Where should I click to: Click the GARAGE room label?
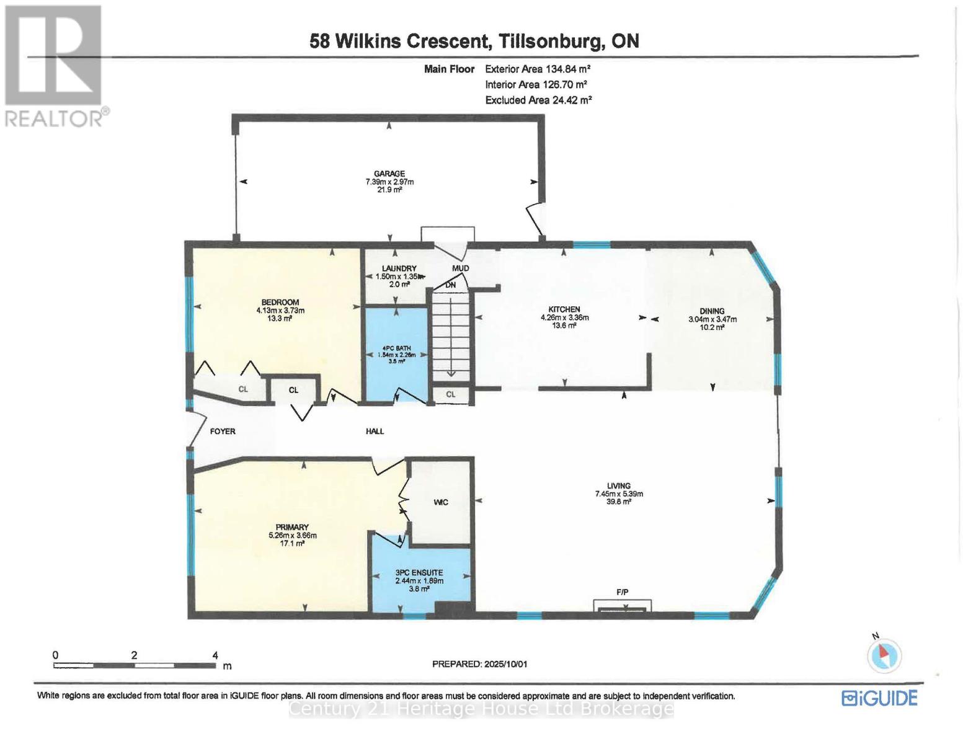389,174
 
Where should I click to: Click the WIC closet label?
440,502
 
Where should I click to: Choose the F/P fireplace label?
623,592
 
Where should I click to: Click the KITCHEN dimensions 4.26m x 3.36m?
564,317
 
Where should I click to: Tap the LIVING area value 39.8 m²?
618,502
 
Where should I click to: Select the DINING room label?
712,311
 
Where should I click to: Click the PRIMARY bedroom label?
292,527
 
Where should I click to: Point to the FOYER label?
223,431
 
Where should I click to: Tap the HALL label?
375,431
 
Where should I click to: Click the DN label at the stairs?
451,285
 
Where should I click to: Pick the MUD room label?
460,268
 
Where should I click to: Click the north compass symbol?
884,655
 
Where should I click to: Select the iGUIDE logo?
879,698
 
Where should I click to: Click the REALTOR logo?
55,65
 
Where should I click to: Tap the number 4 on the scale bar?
215,655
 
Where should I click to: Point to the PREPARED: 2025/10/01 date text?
479,664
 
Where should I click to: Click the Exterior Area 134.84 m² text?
537,69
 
